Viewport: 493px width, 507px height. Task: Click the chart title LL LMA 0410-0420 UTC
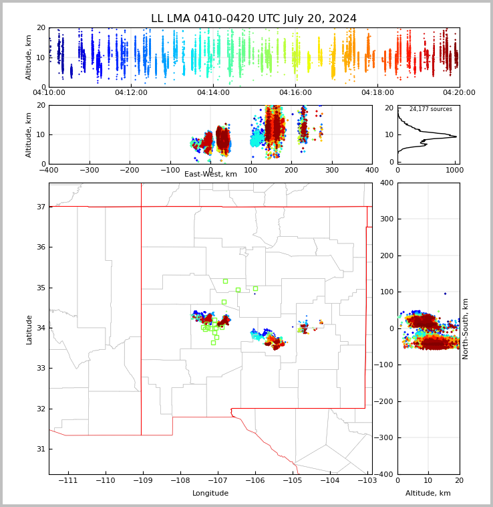click(254, 19)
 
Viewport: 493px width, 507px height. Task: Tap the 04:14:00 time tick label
click(213, 93)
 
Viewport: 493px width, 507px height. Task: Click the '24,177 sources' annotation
click(430, 109)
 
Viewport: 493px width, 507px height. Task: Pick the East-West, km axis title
click(210, 175)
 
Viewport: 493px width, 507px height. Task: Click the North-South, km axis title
click(466, 328)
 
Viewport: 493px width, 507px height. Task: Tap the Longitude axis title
click(210, 494)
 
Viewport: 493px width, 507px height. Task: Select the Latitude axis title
click(29, 329)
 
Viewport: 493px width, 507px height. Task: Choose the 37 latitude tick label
click(40, 207)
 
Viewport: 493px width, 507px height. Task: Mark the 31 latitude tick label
click(40, 449)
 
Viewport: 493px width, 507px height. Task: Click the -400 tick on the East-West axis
click(49, 171)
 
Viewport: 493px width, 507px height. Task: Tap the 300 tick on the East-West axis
click(331, 171)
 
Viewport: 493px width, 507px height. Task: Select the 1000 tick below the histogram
click(454, 171)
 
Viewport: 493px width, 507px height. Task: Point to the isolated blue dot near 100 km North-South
click(445, 293)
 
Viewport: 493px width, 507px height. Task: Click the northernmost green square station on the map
click(225, 281)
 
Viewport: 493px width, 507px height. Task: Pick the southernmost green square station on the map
click(213, 342)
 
